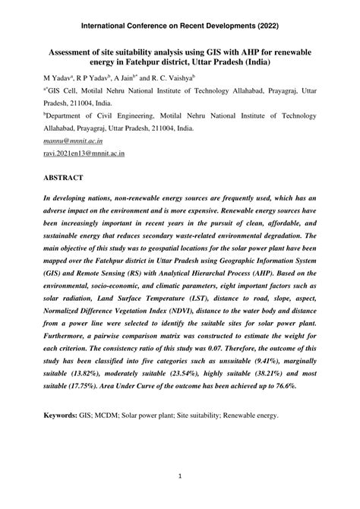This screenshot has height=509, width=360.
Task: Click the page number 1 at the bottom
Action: click(179, 476)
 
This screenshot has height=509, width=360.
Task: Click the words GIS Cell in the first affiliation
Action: click(64, 91)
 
